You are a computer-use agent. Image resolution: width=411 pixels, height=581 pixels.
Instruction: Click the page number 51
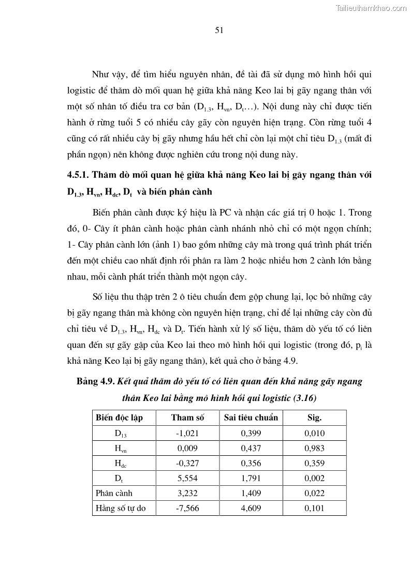pos(218,30)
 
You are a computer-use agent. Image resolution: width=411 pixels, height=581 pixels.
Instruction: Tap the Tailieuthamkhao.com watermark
pos(372,8)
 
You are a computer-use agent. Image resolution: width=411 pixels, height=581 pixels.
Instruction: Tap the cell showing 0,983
pos(314,448)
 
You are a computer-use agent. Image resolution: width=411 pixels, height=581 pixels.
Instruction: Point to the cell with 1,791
pos(251,478)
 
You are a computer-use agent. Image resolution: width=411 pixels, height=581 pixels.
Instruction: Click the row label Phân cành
pos(111,493)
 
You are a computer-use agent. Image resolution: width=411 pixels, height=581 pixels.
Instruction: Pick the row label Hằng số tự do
pos(121,508)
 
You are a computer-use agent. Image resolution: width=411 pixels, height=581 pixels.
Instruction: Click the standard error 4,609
pos(251,508)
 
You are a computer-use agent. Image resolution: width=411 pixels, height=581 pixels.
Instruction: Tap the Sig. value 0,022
pos(314,493)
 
